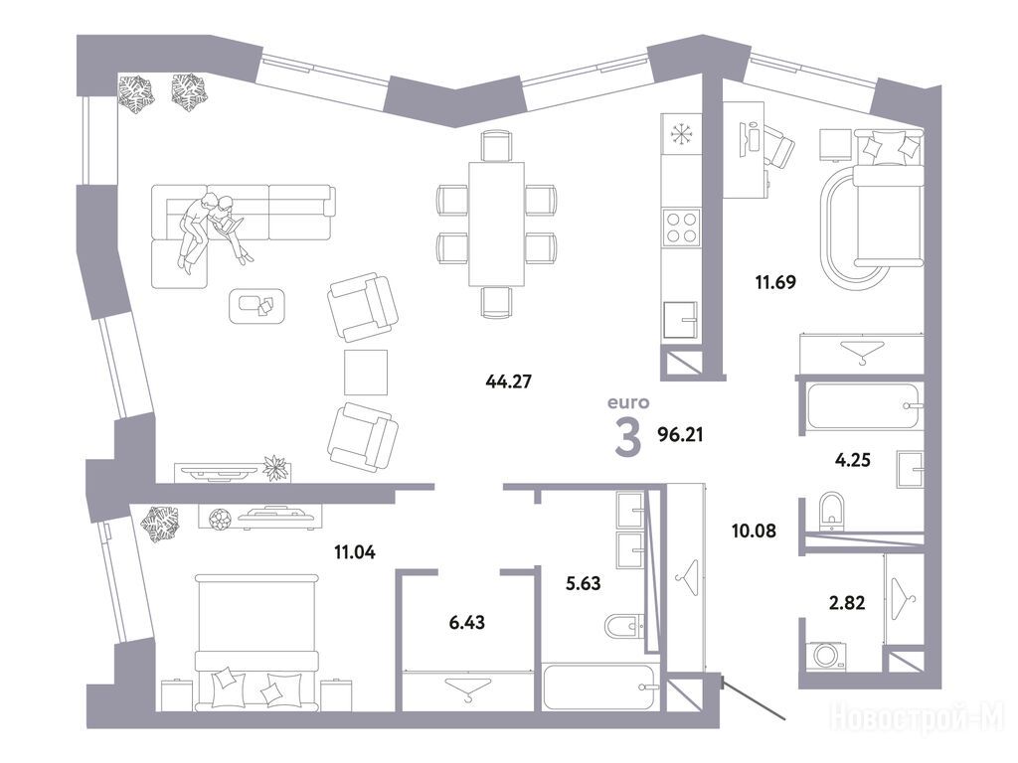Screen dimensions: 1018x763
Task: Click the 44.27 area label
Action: pyautogui.click(x=508, y=381)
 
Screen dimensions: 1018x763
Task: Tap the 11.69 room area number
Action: pyautogui.click(x=775, y=282)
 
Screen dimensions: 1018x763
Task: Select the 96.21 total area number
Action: pyautogui.click(x=680, y=434)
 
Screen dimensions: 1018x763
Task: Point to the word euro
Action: pyautogui.click(x=628, y=402)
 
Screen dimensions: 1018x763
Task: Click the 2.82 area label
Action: pyautogui.click(x=847, y=603)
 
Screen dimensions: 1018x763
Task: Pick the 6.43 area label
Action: pyautogui.click(x=467, y=622)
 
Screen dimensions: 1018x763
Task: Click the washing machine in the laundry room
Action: pyautogui.click(x=826, y=656)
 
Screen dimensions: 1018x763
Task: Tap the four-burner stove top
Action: pyautogui.click(x=681, y=228)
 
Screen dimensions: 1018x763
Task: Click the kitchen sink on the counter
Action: pyautogui.click(x=680, y=321)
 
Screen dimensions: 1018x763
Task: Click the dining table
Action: pyautogui.click(x=497, y=224)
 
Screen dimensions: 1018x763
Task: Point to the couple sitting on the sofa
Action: pyautogui.click(x=212, y=229)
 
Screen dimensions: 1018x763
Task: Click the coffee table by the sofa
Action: pyautogui.click(x=257, y=306)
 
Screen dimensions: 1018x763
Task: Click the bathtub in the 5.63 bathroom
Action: pyautogui.click(x=600, y=687)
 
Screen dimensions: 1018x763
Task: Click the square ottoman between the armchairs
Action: pyautogui.click(x=366, y=372)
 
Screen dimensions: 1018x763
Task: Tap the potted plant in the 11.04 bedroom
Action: pyautogui.click(x=160, y=524)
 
